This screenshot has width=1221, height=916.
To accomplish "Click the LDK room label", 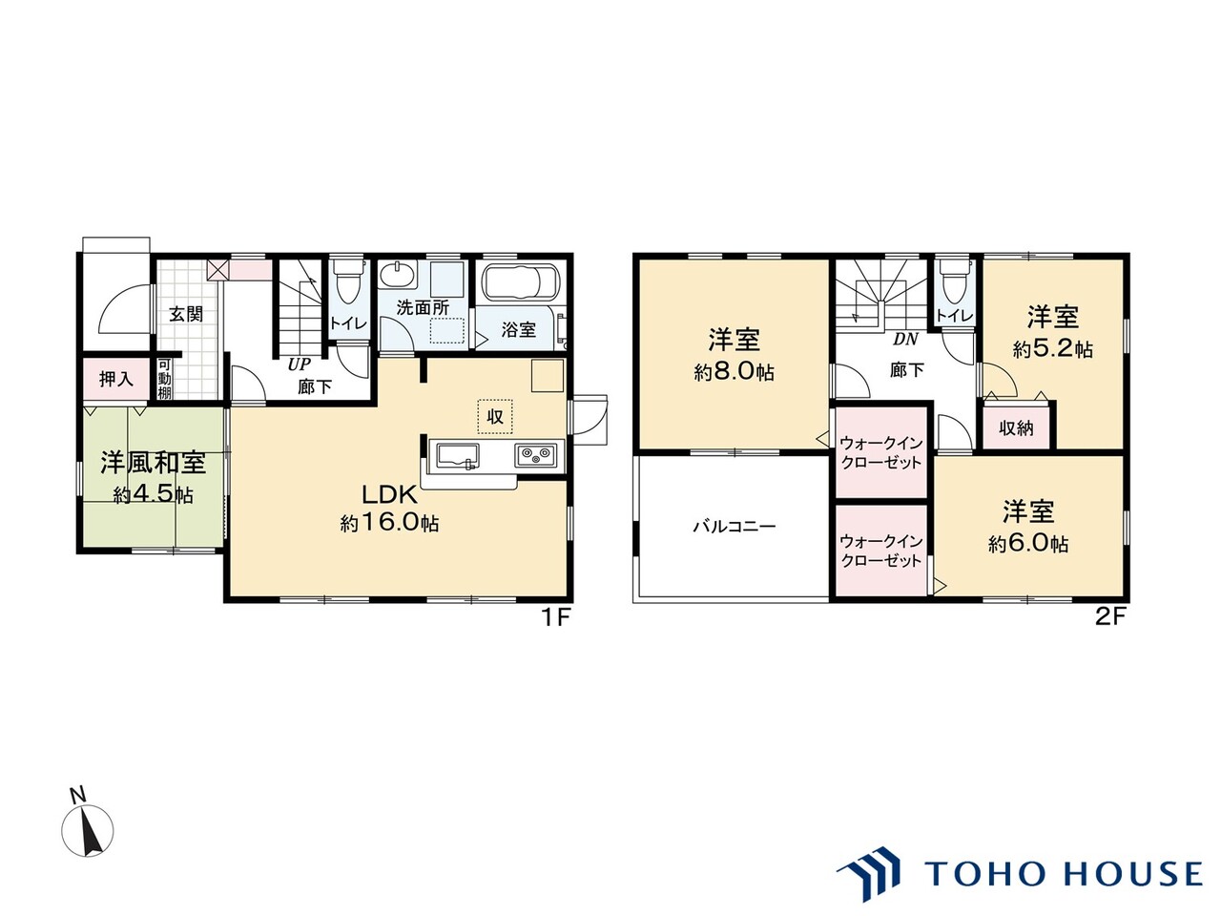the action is coord(389,494).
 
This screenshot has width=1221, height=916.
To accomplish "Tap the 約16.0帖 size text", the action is coord(389,523).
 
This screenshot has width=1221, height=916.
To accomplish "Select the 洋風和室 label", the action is coord(154,463).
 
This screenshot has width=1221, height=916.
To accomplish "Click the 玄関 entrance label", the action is coord(186,314).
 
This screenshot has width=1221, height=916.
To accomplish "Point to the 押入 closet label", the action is coord(116,380).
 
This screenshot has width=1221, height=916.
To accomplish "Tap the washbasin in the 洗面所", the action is coord(397,274).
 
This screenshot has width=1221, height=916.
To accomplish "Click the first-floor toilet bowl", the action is coord(347,282).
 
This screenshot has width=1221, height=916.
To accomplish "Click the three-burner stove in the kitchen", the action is coord(537,455).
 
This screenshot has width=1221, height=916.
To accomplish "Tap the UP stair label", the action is coord(300,364).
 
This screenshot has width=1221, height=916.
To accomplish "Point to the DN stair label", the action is coord(905,340).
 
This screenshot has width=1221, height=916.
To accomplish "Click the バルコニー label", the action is coord(735,526).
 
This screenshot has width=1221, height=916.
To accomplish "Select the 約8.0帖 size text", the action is coord(735,372).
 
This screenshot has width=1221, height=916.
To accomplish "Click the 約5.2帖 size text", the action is coord(1052,349).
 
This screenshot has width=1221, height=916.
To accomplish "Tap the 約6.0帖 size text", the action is coord(1028,543).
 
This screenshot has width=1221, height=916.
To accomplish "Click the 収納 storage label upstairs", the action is coord(1016,427).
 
